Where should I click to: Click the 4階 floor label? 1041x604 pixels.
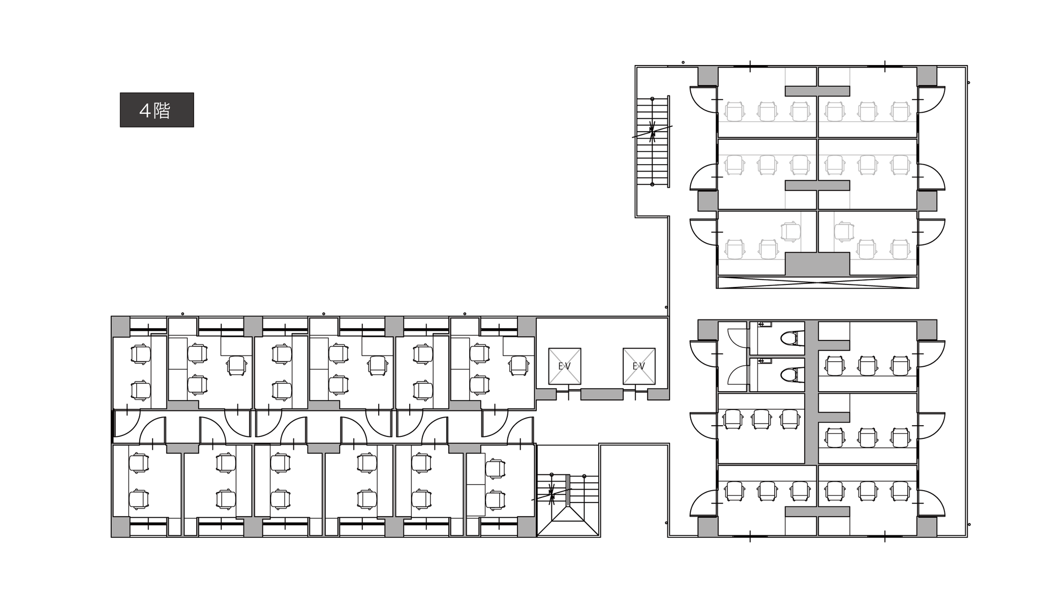[x=157, y=110]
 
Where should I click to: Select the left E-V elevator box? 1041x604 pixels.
[x=564, y=366]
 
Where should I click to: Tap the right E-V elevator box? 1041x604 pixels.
[x=639, y=366]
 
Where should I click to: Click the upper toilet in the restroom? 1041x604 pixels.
[x=790, y=338]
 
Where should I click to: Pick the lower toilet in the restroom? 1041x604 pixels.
[x=790, y=375]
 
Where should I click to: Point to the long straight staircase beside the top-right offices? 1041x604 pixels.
[x=653, y=141]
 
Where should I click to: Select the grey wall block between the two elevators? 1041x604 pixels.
[x=602, y=394]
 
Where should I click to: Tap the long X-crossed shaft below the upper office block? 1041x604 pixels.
[x=817, y=282]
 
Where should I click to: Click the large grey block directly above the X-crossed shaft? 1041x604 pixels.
[x=817, y=264]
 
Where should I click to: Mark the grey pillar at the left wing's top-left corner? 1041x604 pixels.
[x=120, y=326]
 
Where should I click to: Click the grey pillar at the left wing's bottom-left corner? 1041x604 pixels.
[x=120, y=527]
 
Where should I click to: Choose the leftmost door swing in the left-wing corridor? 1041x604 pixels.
[x=127, y=424]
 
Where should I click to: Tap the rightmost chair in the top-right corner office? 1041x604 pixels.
[x=900, y=112]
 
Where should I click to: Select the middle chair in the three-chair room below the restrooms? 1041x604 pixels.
[x=761, y=419]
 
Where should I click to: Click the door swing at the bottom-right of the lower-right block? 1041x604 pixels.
[x=931, y=503]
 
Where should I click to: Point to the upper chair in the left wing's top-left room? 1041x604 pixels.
[x=141, y=354]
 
